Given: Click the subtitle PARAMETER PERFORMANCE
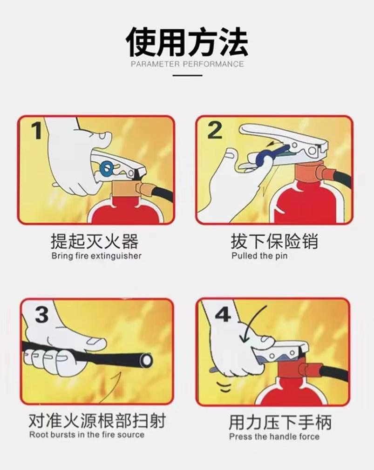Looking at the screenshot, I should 187,64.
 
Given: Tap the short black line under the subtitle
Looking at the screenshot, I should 187,75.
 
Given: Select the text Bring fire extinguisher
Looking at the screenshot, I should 96,256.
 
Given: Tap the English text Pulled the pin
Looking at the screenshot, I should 259,256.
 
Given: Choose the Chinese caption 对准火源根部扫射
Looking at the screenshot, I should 96,421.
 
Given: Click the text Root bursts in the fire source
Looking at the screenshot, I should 87,435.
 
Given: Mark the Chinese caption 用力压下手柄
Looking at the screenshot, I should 279,423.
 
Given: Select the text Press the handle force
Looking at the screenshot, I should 274,437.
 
